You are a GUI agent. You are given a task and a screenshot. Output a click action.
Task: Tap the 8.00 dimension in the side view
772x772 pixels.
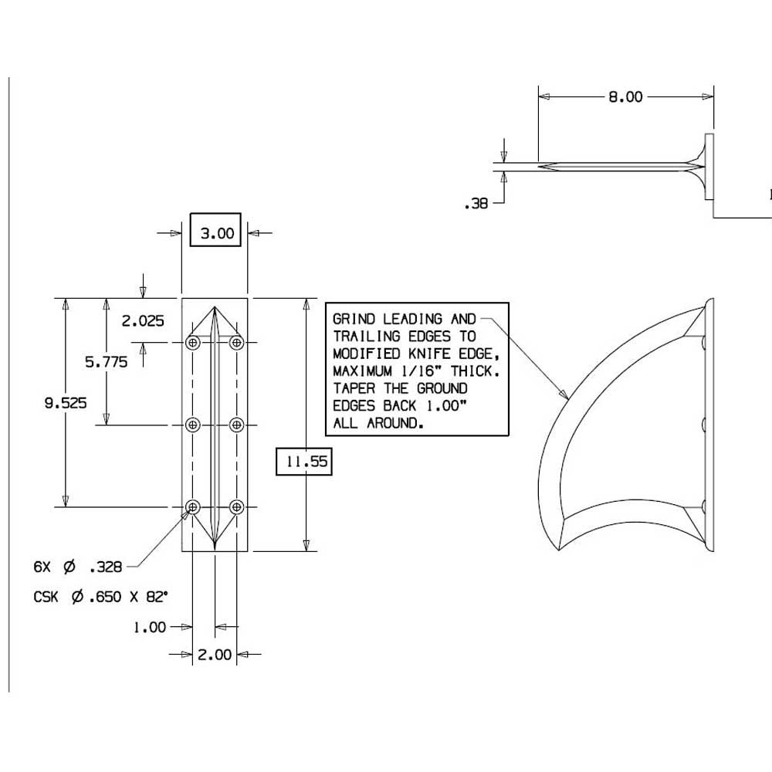(625, 97)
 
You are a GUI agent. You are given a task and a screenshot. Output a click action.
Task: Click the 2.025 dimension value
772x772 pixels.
(143, 321)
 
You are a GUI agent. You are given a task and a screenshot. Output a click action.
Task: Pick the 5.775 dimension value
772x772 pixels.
(107, 362)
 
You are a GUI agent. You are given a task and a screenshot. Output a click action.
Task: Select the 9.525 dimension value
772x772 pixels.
(65, 402)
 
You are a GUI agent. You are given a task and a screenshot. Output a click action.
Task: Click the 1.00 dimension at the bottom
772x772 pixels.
(150, 627)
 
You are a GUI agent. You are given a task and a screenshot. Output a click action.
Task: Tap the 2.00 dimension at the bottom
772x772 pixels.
(214, 655)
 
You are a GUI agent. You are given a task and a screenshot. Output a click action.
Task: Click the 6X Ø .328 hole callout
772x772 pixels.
(78, 567)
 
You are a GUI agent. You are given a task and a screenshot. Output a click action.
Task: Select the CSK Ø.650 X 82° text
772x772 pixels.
(100, 597)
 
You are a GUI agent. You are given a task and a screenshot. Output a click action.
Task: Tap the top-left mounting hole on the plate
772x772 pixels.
(193, 342)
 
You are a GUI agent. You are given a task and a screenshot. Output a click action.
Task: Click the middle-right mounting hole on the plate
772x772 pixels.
(237, 424)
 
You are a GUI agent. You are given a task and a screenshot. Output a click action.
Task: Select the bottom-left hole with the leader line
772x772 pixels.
(193, 506)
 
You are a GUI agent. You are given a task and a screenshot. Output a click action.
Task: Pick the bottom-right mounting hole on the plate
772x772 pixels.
(237, 506)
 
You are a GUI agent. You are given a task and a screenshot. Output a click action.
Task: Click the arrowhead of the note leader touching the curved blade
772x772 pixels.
(566, 396)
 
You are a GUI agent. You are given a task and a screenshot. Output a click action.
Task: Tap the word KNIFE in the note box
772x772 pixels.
(432, 354)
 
